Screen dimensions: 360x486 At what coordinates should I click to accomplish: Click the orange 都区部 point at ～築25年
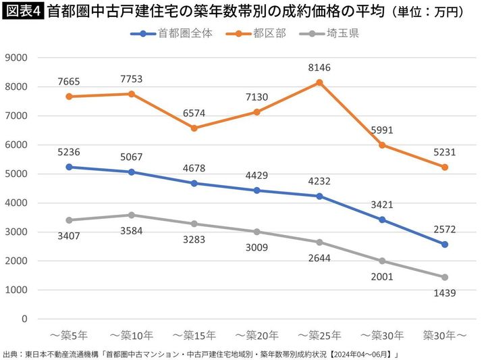[319, 82]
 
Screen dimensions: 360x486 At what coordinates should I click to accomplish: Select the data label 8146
[319, 68]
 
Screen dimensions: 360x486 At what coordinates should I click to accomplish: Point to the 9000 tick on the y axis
[16, 58]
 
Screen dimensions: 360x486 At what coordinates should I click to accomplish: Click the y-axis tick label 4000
[16, 203]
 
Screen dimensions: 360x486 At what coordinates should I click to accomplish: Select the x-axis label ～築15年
[194, 334]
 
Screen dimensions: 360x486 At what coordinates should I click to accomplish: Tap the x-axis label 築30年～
[446, 334]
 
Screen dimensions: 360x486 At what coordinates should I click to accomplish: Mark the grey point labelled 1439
[446, 277]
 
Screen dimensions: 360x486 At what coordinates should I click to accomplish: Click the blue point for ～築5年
[70, 167]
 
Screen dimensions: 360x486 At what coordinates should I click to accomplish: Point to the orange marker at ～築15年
[194, 128]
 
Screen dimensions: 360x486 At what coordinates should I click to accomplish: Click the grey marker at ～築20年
[256, 232]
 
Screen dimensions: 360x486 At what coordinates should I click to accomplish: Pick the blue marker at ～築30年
[382, 220]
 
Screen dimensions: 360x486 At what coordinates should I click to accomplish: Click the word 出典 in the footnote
[11, 353]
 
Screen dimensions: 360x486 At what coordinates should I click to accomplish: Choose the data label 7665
[70, 82]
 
